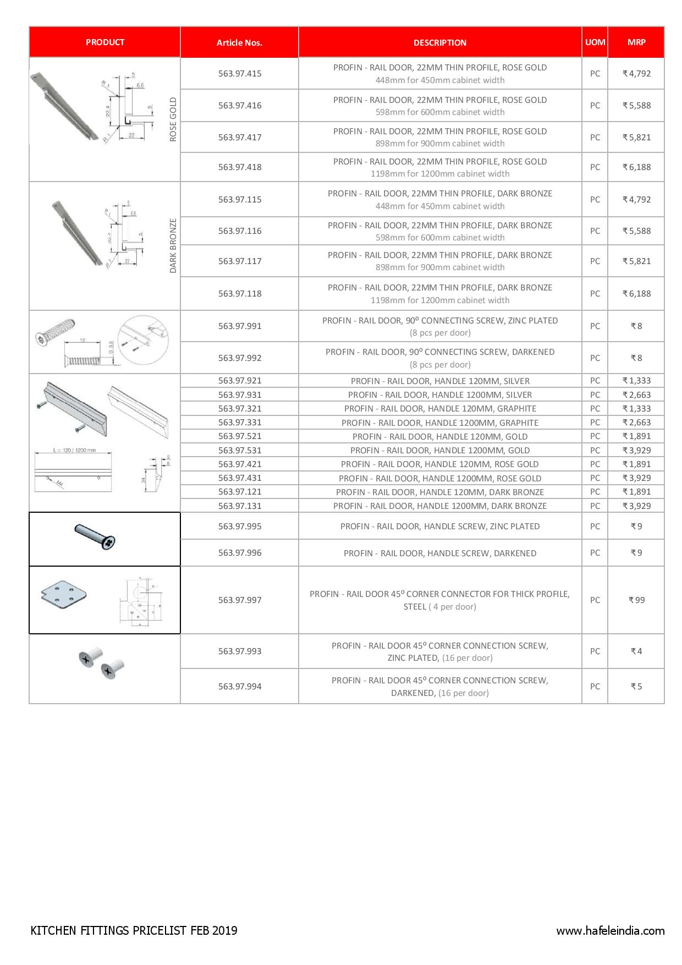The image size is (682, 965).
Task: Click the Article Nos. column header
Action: (239, 42)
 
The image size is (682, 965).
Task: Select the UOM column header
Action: (595, 42)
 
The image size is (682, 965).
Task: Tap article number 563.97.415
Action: (239, 73)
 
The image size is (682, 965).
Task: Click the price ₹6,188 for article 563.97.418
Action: (636, 167)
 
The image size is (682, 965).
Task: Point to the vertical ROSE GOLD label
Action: (173, 119)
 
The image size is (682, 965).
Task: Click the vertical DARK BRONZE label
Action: (173, 245)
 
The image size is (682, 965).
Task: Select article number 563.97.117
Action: (239, 261)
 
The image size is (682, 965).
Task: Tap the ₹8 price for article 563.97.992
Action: (636, 358)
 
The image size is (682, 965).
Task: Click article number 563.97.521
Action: (239, 436)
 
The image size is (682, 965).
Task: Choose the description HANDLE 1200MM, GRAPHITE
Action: (440, 423)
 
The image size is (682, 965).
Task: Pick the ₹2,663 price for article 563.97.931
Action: (636, 394)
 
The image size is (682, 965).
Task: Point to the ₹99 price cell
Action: (636, 600)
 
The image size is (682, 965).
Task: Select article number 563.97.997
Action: (239, 600)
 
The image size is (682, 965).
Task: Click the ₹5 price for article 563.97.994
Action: (636, 686)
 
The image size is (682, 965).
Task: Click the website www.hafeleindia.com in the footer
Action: (610, 931)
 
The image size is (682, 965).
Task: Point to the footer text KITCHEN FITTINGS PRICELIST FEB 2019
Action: (134, 930)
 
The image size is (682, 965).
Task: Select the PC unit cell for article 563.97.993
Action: (595, 651)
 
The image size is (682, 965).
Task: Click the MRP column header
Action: (636, 42)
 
